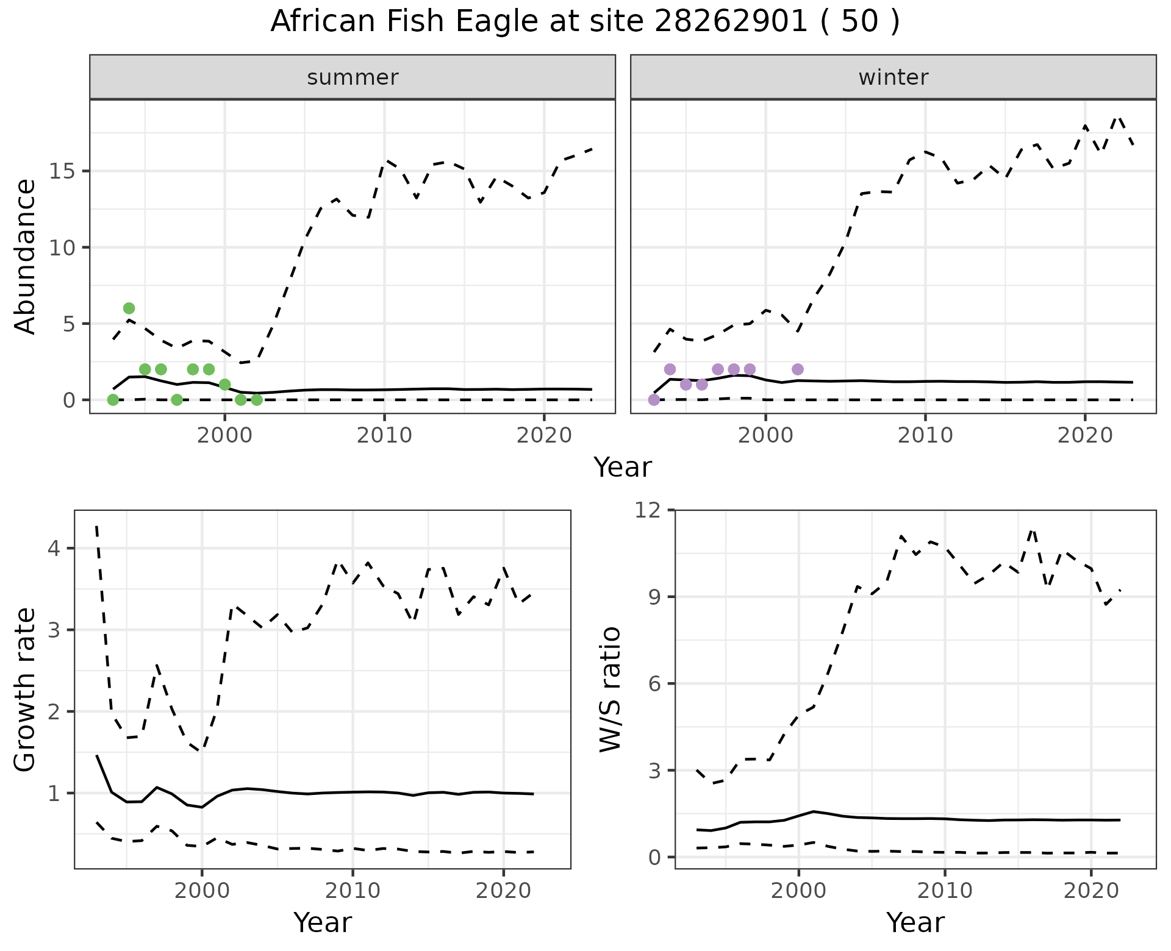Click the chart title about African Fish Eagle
(585, 22)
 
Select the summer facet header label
(353, 77)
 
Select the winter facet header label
(893, 77)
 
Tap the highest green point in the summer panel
(129, 308)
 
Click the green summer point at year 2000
(224, 385)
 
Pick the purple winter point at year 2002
(797, 369)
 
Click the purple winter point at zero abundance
(654, 400)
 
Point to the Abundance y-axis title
(26, 257)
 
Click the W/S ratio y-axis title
(610, 689)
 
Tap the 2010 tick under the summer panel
(384, 436)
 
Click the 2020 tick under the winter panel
(1084, 436)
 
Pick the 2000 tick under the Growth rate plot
(202, 891)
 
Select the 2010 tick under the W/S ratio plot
(945, 891)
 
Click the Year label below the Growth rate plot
(323, 922)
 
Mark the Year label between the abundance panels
(623, 468)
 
